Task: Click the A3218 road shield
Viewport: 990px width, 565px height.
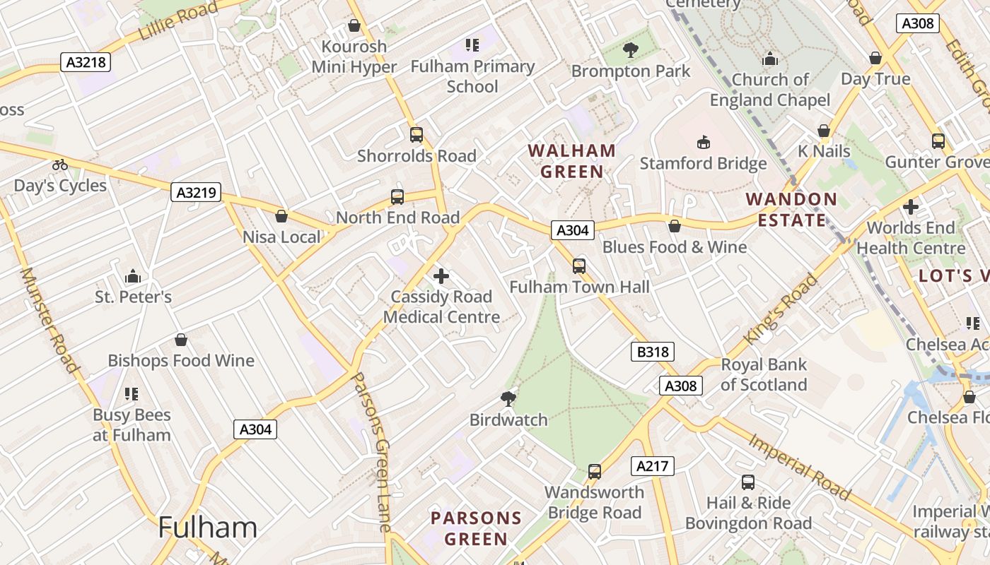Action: pos(86,62)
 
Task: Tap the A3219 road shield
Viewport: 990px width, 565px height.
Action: pos(196,191)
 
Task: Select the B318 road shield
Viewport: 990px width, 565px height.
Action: pos(653,352)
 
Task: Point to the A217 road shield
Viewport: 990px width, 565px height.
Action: pos(652,466)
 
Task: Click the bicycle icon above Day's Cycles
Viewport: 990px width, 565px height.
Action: pos(60,165)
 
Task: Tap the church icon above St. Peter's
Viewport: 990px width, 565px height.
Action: pos(132,276)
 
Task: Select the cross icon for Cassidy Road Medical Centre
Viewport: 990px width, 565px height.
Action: pos(441,276)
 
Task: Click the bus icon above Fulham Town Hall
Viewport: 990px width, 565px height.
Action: pos(579,266)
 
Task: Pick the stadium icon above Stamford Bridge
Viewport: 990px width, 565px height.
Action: pos(703,143)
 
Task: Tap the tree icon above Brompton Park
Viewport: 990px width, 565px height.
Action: pos(630,50)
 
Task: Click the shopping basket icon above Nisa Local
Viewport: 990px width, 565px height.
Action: pos(281,216)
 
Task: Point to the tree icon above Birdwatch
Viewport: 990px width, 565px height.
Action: pos(508,398)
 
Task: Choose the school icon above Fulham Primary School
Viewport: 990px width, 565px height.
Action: pos(472,46)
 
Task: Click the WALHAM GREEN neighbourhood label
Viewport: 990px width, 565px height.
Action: pos(572,161)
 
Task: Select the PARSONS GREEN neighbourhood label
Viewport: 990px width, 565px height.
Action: pos(476,528)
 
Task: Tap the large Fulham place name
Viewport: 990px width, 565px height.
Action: pos(207,528)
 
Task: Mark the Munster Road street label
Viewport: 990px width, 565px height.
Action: pos(49,319)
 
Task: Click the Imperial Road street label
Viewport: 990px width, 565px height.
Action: pos(798,467)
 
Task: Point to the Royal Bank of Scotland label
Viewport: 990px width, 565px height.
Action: pos(763,375)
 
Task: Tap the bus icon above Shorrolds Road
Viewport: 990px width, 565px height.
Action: pos(417,134)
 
